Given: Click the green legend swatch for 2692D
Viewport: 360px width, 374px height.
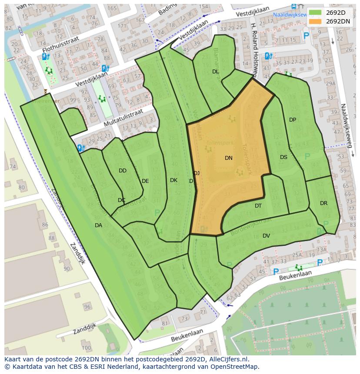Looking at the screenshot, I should pos(316,13).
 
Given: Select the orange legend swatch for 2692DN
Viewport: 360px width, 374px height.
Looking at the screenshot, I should pos(316,21).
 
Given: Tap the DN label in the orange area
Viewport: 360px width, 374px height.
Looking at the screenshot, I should pos(229,158).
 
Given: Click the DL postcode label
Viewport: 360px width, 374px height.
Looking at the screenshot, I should pos(216,71).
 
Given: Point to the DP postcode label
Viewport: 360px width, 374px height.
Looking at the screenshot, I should pos(293,120).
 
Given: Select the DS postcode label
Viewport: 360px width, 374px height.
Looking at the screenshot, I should pos(283,157).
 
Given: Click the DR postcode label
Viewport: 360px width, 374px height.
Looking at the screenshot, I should pos(323,203).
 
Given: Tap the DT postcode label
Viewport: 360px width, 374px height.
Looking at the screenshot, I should pos(258,206).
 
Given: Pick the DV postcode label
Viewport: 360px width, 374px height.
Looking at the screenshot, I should pos(266,236).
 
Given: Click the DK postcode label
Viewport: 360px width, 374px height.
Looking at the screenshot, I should pos(173,180).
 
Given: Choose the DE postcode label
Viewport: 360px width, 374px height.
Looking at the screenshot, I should pos(145,181).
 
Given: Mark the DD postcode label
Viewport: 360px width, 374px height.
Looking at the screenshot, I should pos(123,171).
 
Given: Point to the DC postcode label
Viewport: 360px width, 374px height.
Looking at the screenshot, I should pos(121,200).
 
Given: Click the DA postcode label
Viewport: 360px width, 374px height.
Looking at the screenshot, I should pos(98,225).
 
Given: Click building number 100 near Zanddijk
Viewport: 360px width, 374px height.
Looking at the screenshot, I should pos(86,348).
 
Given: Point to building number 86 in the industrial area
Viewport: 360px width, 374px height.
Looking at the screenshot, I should pos(45,225).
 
